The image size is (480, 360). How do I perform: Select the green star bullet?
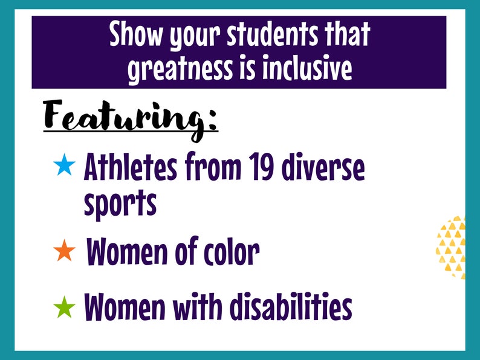64,307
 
